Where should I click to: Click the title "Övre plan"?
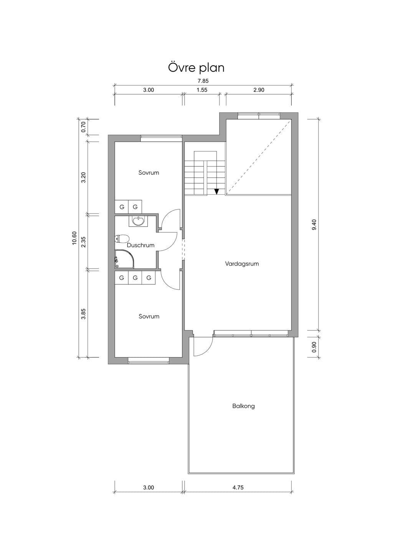point(196,68)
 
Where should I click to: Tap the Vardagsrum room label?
point(242,264)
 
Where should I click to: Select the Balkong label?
point(243,406)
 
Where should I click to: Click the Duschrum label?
point(140,245)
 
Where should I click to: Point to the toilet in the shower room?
point(122,239)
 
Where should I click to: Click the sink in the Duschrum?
point(138,221)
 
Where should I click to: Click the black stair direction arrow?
point(216,192)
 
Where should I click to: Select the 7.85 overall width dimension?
point(203,81)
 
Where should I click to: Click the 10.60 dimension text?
point(75,238)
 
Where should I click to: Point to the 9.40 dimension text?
point(314,225)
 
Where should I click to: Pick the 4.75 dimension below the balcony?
point(238,488)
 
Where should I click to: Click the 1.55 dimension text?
point(202,90)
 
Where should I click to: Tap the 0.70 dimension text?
point(83,127)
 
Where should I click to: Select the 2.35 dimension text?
point(83,242)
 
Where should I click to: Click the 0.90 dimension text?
point(314,347)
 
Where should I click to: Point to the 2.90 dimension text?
point(259,90)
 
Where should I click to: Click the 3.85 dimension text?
point(83,314)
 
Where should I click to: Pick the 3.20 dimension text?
point(83,177)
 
